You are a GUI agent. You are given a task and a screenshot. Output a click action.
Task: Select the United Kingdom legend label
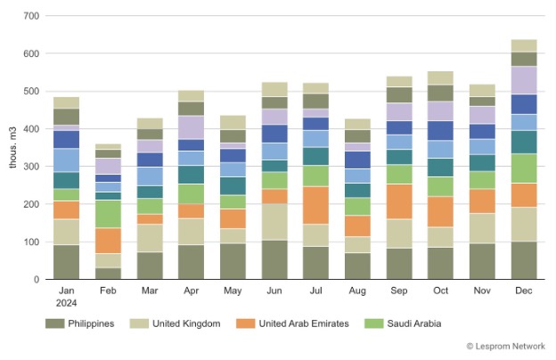click(175, 323)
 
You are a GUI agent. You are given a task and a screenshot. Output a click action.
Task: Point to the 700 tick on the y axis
click(31, 16)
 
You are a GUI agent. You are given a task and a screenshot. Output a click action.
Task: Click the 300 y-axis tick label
click(31, 167)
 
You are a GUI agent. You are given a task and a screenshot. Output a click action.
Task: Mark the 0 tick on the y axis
click(37, 280)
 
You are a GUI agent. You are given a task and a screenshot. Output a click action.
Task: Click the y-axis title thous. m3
click(12, 148)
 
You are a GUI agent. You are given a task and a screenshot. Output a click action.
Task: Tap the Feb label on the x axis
click(109, 290)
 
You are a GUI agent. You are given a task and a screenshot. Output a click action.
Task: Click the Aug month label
click(356, 290)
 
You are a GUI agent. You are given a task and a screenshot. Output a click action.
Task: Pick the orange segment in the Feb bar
click(109, 241)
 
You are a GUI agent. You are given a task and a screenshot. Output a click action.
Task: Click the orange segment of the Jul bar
click(316, 205)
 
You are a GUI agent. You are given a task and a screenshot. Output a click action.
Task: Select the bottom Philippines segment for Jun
click(274, 259)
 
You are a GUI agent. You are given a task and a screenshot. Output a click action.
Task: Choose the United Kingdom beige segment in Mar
click(150, 238)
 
